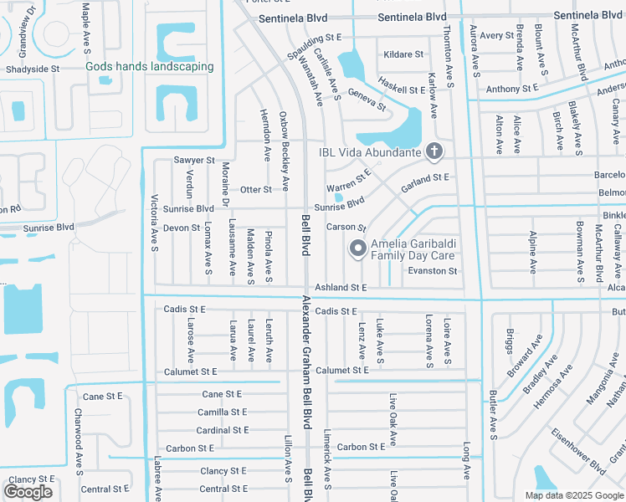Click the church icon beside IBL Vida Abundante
[434, 151]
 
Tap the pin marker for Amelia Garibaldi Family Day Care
[358, 248]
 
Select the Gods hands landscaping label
[150, 66]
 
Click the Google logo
[28, 492]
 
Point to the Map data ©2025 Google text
[573, 495]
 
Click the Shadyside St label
[32, 69]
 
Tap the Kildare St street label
[403, 54]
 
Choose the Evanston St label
[433, 271]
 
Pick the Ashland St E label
[341, 287]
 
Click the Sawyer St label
[194, 160]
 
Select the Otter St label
[256, 190]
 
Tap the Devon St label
[182, 228]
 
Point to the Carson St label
[346, 228]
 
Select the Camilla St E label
[222, 412]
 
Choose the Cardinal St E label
[222, 430]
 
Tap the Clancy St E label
[223, 471]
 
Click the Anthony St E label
[512, 89]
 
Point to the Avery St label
[497, 36]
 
